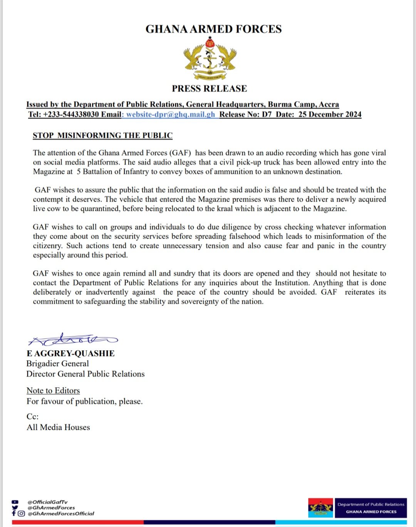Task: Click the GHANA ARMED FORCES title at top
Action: tap(213, 29)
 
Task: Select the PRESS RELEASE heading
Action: tap(209, 89)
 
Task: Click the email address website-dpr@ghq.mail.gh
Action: tap(171, 114)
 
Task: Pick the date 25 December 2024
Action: tap(330, 114)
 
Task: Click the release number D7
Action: tap(267, 114)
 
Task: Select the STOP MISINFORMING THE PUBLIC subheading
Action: tap(102, 136)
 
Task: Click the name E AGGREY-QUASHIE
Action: tap(70, 353)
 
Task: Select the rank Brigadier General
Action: tap(57, 364)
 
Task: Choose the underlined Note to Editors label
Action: tap(53, 391)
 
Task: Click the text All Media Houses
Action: tap(58, 427)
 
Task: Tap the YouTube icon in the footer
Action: tap(15, 502)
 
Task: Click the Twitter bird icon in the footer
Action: tap(15, 507)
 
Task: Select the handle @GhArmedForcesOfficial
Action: tap(61, 514)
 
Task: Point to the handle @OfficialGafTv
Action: tap(47, 502)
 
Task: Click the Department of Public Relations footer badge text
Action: tap(371, 504)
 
